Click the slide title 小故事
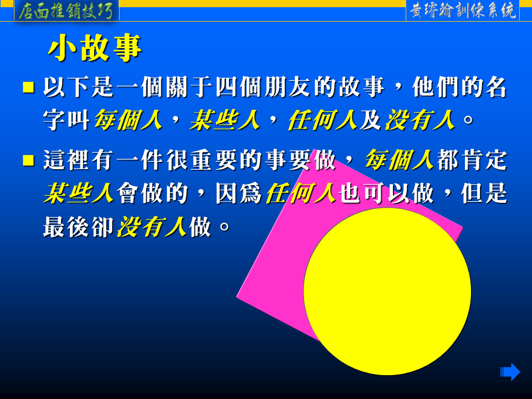tap(95, 48)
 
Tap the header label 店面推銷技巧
tap(66, 11)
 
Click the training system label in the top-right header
tap(463, 11)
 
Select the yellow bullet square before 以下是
tap(28, 87)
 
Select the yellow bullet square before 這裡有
tap(28, 160)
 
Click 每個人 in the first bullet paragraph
tap(128, 120)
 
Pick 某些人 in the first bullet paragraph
tap(225, 120)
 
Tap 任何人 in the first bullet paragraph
tap(323, 120)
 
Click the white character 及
tap(371, 120)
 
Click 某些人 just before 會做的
tap(78, 193)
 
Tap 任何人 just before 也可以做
tap(301, 193)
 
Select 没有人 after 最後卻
tap(152, 227)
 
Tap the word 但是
tap(484, 193)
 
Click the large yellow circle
tap(387, 291)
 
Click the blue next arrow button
tap(510, 372)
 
